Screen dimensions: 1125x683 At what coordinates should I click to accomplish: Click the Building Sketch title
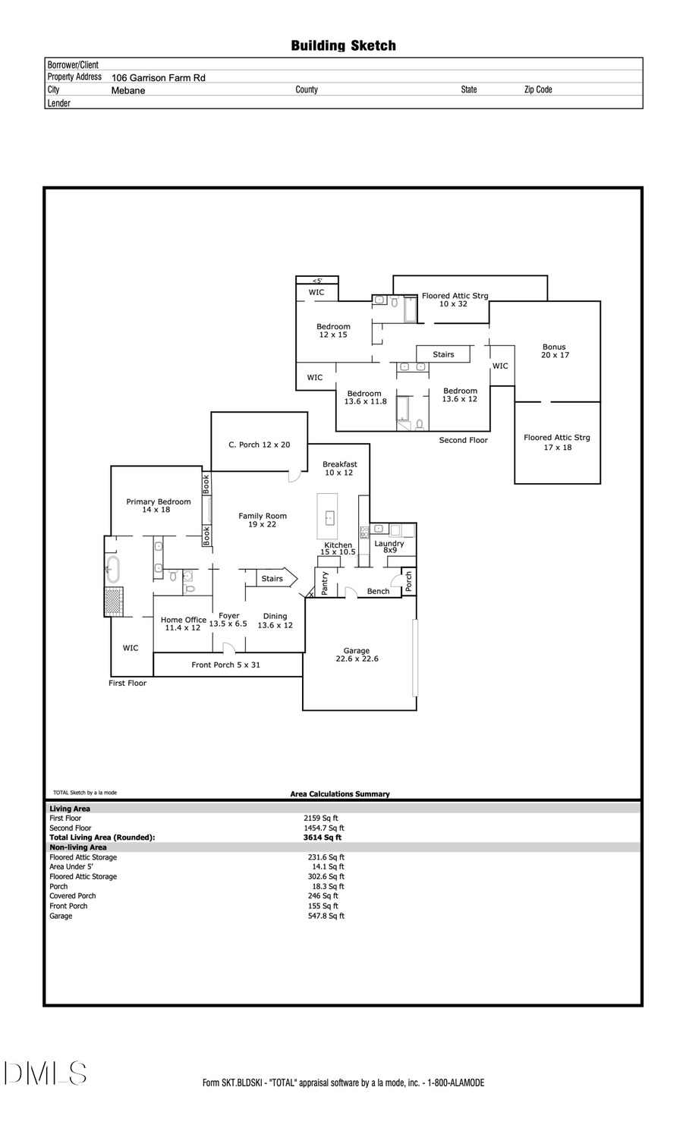(x=343, y=46)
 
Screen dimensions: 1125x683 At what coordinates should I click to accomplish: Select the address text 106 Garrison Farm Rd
(x=158, y=78)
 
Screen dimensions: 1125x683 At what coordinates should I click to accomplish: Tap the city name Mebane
(x=127, y=90)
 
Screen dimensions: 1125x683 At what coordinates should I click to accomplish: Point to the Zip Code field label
(x=538, y=90)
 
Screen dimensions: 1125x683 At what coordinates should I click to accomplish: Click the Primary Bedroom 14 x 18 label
(x=158, y=506)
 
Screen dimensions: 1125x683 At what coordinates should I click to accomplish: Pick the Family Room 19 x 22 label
(x=263, y=520)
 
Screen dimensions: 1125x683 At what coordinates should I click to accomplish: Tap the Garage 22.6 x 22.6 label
(x=357, y=655)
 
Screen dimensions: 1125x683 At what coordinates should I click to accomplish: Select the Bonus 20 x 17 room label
(x=554, y=351)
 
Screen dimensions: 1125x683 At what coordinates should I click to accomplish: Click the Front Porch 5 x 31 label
(x=225, y=665)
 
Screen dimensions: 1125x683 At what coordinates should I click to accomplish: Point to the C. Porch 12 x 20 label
(x=259, y=445)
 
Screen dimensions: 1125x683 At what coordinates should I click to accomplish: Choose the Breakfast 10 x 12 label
(x=339, y=468)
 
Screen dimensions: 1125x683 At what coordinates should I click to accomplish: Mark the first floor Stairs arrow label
(x=272, y=579)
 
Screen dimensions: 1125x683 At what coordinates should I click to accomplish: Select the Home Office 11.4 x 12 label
(x=183, y=624)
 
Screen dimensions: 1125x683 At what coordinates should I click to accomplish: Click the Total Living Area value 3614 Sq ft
(x=327, y=837)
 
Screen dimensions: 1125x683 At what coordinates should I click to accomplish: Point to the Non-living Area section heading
(x=78, y=847)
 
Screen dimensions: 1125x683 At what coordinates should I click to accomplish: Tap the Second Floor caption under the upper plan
(x=463, y=440)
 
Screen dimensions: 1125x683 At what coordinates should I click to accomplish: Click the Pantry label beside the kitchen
(x=325, y=583)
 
